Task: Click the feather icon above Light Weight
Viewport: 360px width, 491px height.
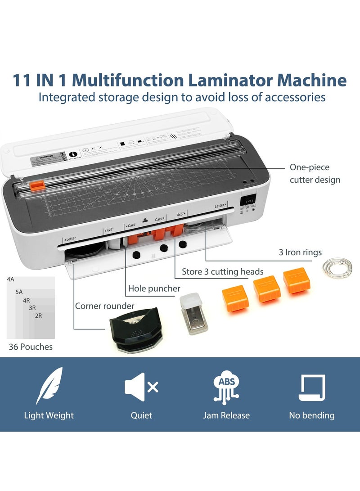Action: tap(49, 386)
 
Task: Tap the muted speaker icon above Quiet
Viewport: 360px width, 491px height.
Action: tap(141, 387)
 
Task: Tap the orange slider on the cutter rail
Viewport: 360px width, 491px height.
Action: tap(37, 185)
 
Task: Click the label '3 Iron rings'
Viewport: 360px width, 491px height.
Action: tap(300, 252)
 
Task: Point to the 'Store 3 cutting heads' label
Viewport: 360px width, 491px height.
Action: tap(222, 271)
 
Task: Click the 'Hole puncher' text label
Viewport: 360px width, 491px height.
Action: tap(154, 288)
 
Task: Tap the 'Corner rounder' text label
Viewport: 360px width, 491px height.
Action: tap(104, 306)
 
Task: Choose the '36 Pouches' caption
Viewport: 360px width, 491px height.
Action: tap(31, 347)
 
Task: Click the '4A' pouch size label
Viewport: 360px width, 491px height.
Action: tap(11, 279)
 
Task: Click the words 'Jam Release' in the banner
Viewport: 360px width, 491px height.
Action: tap(226, 415)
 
